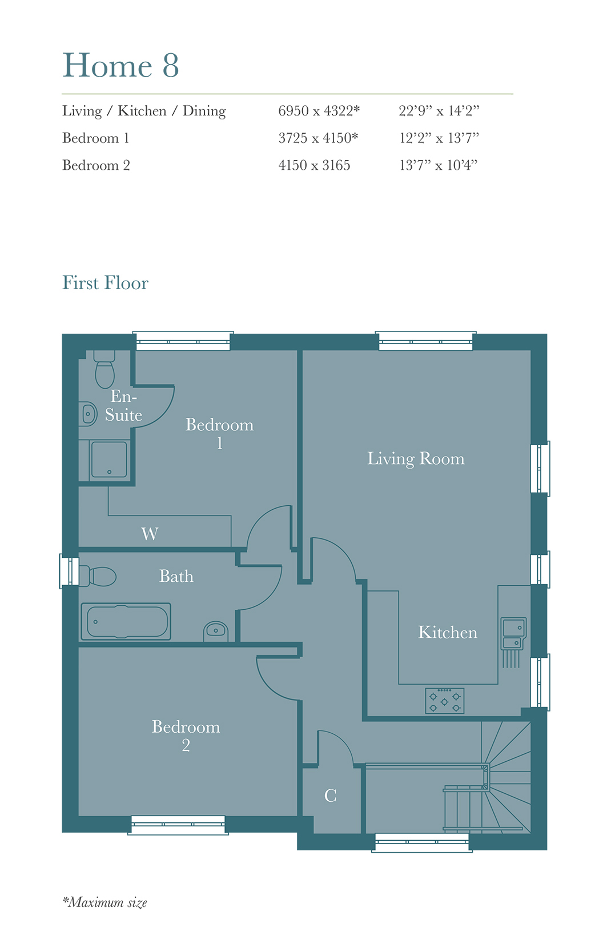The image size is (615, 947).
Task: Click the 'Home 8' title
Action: pos(120,65)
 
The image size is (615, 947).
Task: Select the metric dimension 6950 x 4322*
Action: pos(319,111)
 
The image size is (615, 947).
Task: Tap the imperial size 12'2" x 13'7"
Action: pos(439,138)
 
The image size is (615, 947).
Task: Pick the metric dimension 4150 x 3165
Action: pos(314,165)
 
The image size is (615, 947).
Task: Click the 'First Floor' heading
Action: pos(105,283)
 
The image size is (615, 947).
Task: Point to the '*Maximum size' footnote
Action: pos(104,902)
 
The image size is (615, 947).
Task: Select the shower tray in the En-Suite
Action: pos(108,459)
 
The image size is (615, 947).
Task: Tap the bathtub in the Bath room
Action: pos(126,621)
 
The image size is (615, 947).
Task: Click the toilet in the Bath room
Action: pos(98,576)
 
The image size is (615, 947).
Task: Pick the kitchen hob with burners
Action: pos(444,701)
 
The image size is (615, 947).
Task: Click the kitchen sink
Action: pos(513,633)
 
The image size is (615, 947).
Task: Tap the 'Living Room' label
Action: pos(415,459)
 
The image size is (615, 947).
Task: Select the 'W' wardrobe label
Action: pos(150,534)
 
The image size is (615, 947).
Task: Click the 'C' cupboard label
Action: pos(330,796)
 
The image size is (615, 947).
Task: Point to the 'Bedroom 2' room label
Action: pos(186,736)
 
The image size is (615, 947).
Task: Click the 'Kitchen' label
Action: pos(447,633)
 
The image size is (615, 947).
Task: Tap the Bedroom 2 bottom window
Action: pos(178,825)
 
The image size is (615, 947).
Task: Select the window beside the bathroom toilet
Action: pos(69,571)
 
